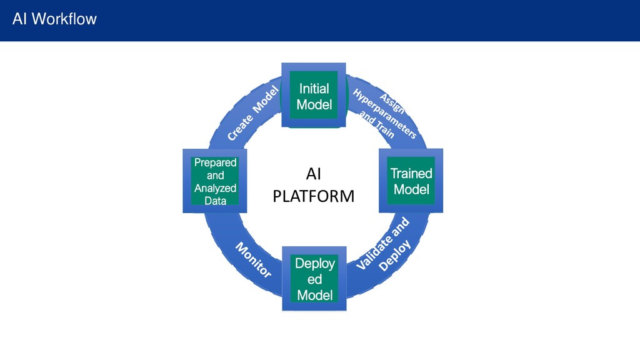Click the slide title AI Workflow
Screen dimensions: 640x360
54,19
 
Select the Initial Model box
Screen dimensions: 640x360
314,95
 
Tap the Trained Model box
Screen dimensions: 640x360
411,181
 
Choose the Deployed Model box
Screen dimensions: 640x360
314,279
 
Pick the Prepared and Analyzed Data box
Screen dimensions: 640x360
215,181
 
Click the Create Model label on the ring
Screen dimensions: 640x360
253,114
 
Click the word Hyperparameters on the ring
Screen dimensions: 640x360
384,114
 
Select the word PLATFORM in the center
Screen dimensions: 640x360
314,196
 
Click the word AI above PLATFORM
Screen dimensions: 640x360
314,174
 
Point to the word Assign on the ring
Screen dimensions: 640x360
392,104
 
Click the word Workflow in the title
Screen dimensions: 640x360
64,19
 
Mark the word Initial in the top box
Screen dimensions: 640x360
314,89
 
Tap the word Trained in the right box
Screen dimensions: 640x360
411,174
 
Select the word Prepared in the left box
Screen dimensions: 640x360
215,162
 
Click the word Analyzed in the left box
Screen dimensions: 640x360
215,188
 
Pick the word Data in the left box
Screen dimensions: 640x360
215,201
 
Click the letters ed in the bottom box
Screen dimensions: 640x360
315,279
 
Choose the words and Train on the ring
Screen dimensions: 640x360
377,126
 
